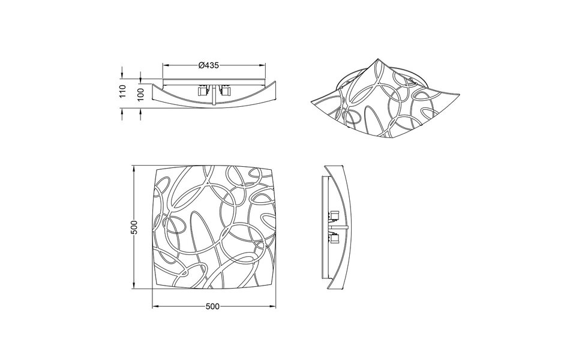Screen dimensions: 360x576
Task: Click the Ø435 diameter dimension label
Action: (x=208, y=66)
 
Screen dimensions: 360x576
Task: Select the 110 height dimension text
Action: (x=122, y=92)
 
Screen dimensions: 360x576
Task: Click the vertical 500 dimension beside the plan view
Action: (x=135, y=227)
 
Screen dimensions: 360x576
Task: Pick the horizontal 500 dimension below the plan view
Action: (x=212, y=306)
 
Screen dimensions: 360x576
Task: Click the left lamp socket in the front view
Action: (x=201, y=92)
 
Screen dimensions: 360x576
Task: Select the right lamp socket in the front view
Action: (x=226, y=92)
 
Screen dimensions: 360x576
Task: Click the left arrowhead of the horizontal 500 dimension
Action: (x=154, y=306)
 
